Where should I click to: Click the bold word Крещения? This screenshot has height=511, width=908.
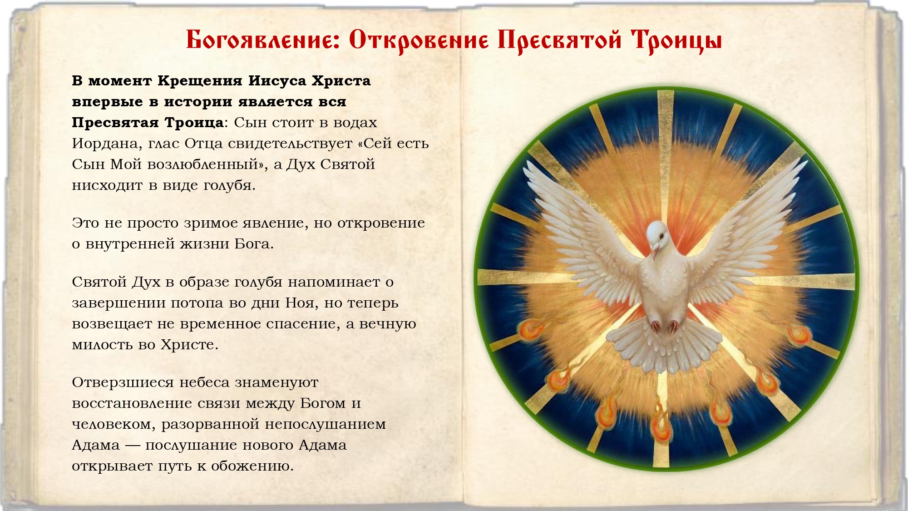[x=200, y=81]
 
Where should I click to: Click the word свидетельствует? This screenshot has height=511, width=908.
[x=290, y=144]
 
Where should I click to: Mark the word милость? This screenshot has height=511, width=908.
[x=102, y=344]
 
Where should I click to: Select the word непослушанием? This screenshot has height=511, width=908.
[x=325, y=425]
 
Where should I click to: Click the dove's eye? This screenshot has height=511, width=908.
[x=662, y=236]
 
